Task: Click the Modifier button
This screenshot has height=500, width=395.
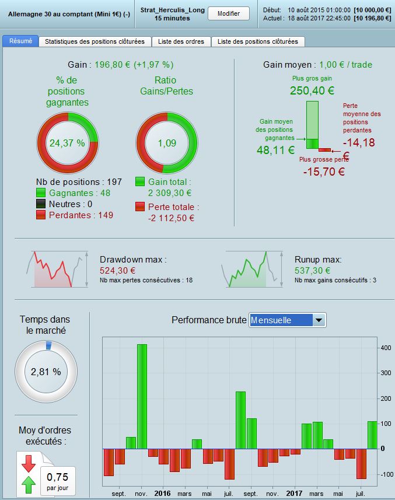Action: (228, 13)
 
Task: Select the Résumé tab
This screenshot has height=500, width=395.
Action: (21, 41)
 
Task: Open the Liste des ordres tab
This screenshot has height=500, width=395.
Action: (181, 41)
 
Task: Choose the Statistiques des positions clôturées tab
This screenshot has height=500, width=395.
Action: (95, 41)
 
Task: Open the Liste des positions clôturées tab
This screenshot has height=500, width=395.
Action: (258, 41)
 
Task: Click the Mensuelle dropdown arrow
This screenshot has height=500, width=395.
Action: (319, 320)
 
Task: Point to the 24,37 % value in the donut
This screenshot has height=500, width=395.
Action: (67, 142)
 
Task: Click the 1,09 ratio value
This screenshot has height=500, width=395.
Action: (166, 142)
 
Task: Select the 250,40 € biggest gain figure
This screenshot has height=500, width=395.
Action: (312, 90)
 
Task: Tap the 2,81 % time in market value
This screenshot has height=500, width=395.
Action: (46, 372)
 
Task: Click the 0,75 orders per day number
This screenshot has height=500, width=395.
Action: (57, 477)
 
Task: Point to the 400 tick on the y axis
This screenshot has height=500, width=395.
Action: (386, 348)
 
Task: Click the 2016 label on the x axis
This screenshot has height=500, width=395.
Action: (162, 493)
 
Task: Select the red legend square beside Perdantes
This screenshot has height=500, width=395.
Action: (41, 215)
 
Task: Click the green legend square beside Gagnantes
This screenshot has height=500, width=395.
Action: (41, 193)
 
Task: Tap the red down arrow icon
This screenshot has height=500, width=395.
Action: (28, 463)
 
